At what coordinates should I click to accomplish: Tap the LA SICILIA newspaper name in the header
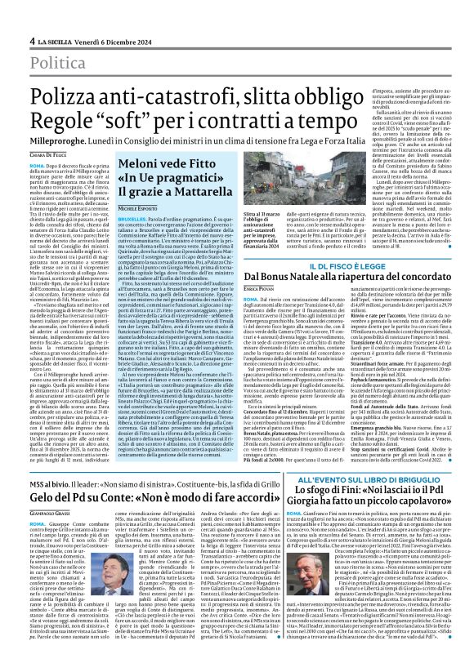(59, 41)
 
